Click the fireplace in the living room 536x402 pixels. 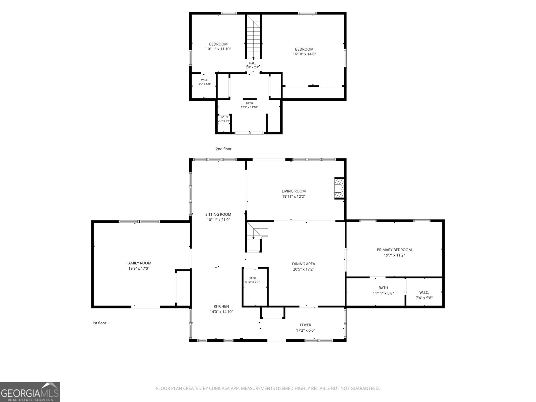click(339, 188)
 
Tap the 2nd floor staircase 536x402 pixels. click(254, 37)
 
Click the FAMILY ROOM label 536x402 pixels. click(139, 263)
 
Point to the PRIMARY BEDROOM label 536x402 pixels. click(394, 250)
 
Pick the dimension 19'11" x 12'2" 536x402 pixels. click(293, 197)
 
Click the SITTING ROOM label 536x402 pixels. click(218, 214)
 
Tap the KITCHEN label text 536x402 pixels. click(221, 306)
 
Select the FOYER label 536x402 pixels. click(306, 325)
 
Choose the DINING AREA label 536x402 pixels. click(304, 264)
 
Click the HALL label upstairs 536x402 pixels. click(253, 63)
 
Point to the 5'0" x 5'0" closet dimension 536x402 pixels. click(205, 84)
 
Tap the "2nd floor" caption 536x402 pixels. click(223, 149)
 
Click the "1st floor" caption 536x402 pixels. click(99, 323)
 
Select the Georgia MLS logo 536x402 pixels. click(30, 392)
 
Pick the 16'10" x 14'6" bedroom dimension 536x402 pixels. click(304, 54)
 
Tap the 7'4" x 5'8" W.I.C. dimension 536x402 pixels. click(424, 298)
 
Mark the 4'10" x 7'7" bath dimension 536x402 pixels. click(252, 282)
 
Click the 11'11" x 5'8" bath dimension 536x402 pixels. click(383, 293)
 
